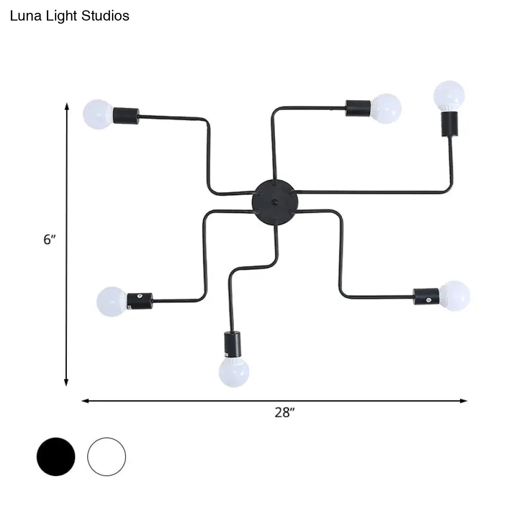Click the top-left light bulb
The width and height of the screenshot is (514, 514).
98,114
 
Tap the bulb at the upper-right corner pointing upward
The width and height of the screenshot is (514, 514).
449,95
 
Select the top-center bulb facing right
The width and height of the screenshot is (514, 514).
386,108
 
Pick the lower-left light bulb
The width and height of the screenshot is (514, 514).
112,301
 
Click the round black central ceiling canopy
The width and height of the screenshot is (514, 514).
274,201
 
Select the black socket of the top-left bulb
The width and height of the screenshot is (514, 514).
126,116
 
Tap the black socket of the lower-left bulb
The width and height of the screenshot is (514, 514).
140,300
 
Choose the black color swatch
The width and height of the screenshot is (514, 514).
56,456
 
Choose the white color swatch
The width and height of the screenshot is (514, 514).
106,456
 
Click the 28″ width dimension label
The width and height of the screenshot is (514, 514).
283,412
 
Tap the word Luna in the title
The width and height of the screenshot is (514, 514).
23,16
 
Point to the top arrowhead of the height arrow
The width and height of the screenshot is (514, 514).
66,106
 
